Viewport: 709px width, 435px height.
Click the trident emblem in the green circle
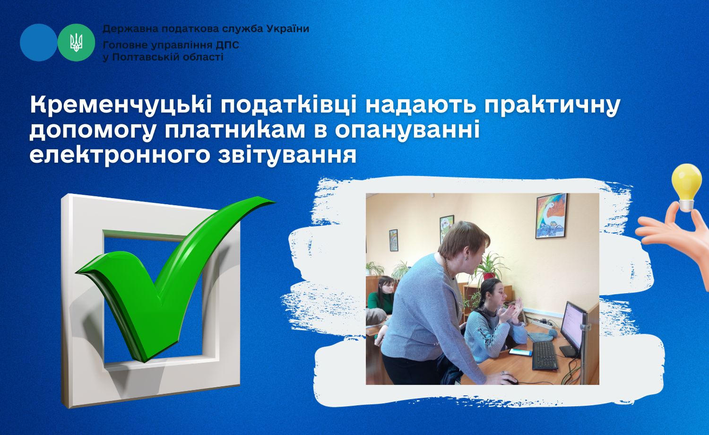(x=76, y=43)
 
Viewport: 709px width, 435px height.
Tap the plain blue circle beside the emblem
(x=39, y=43)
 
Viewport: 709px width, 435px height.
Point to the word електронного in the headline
(x=120, y=156)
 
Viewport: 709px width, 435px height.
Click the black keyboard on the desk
(x=545, y=355)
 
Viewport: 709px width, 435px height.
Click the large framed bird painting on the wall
(x=551, y=216)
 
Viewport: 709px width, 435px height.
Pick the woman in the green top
(x=381, y=296)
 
